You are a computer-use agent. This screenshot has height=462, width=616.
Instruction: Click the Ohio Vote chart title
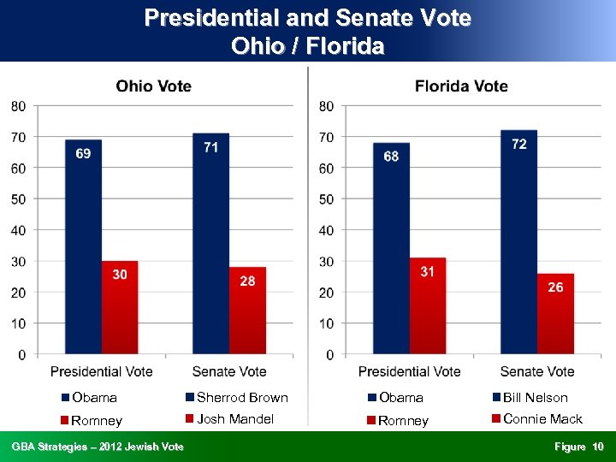154,86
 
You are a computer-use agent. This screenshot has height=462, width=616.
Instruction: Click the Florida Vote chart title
461,86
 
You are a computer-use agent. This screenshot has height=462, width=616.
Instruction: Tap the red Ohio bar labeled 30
120,307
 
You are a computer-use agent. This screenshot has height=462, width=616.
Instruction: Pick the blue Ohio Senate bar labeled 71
210,243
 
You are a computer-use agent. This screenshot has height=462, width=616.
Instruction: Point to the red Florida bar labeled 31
428,305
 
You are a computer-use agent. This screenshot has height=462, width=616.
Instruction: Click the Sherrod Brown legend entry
237,397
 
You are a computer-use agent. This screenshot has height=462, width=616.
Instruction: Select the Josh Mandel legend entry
229,418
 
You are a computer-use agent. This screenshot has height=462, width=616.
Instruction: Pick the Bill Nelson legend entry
530,397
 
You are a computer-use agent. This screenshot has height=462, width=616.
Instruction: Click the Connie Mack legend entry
536,418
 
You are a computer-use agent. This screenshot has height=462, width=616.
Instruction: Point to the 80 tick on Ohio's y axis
18,106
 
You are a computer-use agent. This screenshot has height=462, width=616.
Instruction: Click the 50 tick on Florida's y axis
326,198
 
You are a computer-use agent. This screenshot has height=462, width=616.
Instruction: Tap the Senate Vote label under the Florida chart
536,371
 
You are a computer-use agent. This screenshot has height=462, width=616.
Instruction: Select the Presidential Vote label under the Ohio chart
101,371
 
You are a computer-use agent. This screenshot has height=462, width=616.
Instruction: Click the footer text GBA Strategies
97,447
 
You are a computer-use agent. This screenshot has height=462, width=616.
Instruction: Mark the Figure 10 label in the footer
578,447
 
